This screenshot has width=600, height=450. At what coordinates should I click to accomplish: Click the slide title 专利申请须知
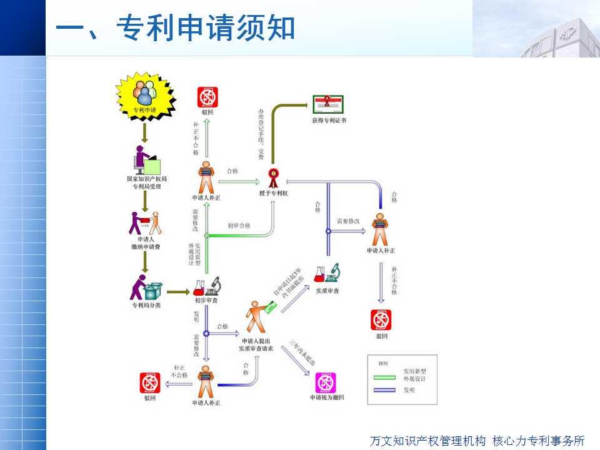coord(176,29)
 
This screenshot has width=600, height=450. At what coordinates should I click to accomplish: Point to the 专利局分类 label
coord(146,305)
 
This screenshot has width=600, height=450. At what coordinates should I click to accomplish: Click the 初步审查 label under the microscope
coord(206,301)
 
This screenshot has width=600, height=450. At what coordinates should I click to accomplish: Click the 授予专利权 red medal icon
coord(273,177)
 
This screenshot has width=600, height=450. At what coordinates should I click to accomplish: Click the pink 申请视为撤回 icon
coord(326,382)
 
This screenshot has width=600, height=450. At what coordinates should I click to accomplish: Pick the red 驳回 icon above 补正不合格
coord(207,97)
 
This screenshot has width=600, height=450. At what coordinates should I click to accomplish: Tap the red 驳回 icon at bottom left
coord(149,382)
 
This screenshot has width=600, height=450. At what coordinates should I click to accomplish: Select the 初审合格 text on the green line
coord(239,226)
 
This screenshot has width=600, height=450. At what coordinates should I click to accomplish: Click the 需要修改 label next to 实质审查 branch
coord(348,221)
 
